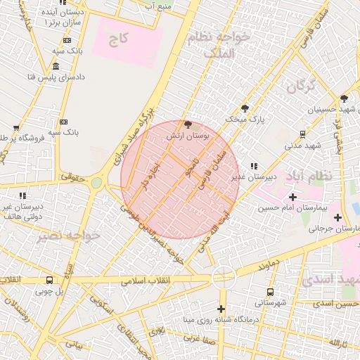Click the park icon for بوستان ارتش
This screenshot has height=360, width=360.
click(186, 124)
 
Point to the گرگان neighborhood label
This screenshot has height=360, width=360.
click(300, 87)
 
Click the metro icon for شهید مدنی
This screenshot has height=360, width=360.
click(302, 134)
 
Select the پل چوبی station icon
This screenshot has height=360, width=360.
click(49, 279)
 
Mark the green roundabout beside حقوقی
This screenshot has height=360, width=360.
click(96, 183)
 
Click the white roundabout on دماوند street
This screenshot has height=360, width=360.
click(223, 278)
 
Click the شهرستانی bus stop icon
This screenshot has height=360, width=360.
click(270, 292)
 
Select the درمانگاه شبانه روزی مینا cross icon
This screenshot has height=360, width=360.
click(221, 309)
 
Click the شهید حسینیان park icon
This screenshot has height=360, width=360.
click(344, 98)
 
